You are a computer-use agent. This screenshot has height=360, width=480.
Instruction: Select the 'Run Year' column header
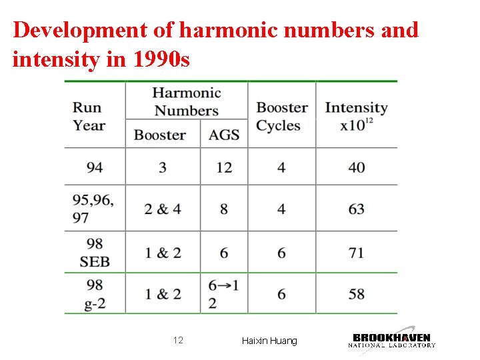pos(89,116)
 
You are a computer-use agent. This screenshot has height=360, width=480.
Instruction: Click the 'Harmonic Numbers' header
pos(187,101)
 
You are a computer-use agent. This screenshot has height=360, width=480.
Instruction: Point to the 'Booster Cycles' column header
pos(282,116)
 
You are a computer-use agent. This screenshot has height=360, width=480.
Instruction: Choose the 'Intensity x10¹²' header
pos(356,116)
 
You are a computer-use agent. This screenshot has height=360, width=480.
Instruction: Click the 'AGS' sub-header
pos(224,135)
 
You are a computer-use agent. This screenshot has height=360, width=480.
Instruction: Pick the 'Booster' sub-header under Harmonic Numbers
pos(160,135)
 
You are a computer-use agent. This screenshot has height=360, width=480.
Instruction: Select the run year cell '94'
pos(95,167)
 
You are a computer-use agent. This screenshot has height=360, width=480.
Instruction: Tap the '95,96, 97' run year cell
pos(93,209)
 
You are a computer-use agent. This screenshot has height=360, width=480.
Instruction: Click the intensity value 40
pos(357,167)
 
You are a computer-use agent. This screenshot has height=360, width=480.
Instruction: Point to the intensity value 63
pos(357,209)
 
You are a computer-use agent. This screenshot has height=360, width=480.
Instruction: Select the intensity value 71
pos(357,253)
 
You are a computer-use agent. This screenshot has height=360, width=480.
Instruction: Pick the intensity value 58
pos(357,294)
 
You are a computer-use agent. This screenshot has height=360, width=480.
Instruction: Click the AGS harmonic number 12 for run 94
pos(224,167)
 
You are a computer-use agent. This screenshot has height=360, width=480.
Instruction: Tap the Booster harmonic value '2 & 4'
pos(163,209)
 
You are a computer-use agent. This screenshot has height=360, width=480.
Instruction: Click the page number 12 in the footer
pos(178,341)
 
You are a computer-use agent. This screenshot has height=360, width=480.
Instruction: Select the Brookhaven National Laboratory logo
pos(392,339)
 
